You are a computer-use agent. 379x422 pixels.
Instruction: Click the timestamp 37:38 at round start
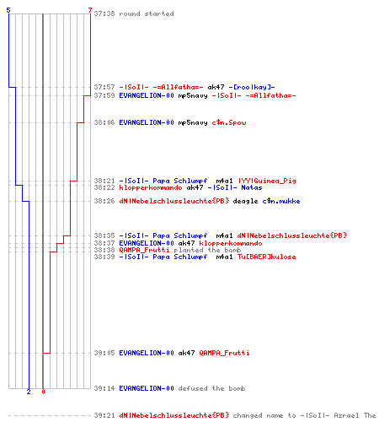(104, 14)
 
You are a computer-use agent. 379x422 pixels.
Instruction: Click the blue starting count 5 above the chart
(8, 10)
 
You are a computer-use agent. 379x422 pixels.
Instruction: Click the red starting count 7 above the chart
(90, 10)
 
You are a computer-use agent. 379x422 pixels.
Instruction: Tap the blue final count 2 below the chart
(29, 392)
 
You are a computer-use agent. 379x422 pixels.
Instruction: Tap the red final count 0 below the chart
(43, 392)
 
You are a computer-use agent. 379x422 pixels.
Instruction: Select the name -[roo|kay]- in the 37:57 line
(252, 87)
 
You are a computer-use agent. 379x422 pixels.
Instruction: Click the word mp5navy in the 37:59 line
(193, 95)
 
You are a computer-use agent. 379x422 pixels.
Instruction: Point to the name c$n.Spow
(229, 122)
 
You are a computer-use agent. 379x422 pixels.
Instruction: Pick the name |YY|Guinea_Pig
(267, 181)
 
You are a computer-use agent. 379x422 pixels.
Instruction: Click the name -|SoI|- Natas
(235, 187)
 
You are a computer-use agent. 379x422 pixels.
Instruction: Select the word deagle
(245, 201)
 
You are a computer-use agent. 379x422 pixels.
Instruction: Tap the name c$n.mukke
(281, 201)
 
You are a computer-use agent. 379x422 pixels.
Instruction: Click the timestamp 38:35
(104, 235)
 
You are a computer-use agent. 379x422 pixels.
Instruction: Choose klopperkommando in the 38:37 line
(231, 243)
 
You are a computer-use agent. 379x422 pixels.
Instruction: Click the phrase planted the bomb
(207, 250)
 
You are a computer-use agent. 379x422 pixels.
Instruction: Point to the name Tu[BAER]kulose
(267, 257)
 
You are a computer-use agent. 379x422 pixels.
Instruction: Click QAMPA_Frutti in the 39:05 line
(224, 353)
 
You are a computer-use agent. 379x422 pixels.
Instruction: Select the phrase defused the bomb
(211, 388)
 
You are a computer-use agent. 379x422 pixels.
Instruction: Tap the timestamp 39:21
(104, 415)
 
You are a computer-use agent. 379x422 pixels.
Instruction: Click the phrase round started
(147, 14)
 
